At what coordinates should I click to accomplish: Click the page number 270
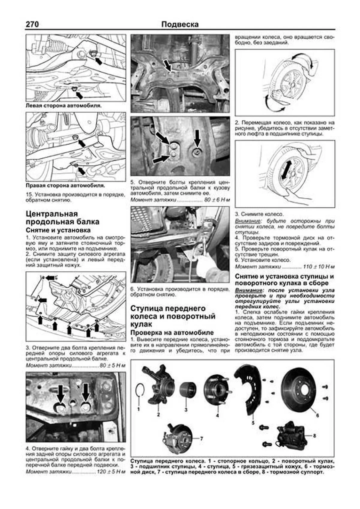[x=32, y=24]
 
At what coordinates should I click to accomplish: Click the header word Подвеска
[x=180, y=24]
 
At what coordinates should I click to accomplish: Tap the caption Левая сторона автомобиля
[x=64, y=106]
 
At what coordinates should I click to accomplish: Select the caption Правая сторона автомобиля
[x=65, y=185]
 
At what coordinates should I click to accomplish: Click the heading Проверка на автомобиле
[x=172, y=332]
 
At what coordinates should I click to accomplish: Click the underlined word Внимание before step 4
[x=244, y=221]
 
